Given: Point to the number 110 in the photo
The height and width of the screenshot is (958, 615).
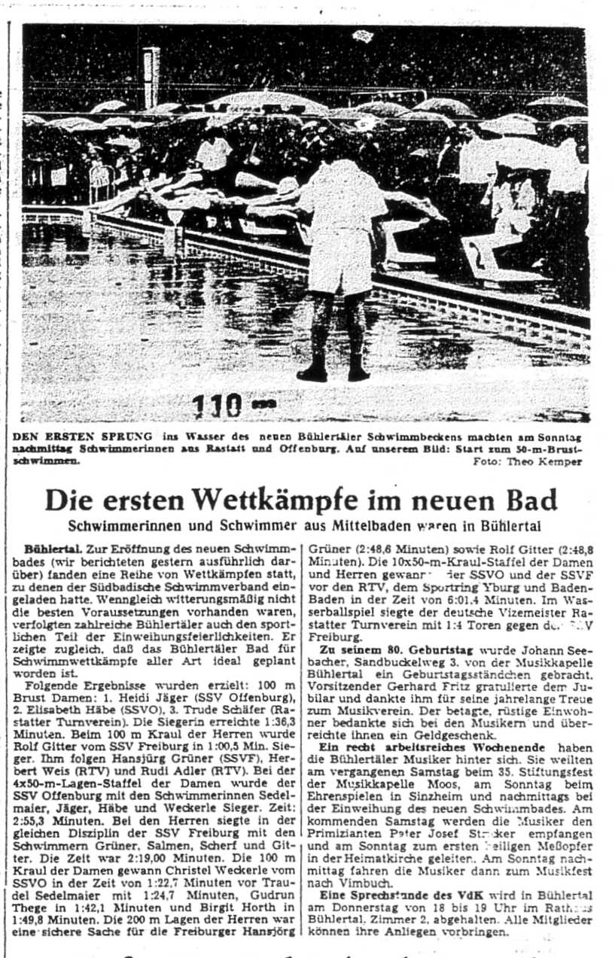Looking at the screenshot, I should pyautogui.click(x=218, y=406).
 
